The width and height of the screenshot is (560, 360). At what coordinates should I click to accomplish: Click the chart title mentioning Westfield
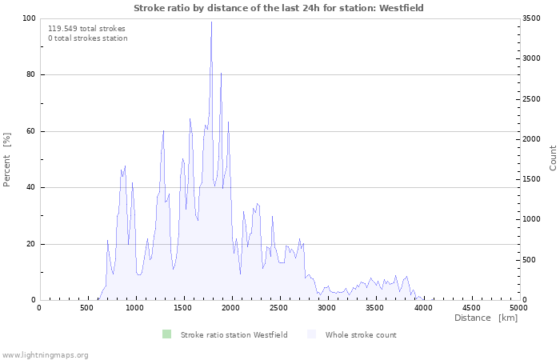click(278, 8)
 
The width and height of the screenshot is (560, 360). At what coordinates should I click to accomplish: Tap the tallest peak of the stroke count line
click(211, 22)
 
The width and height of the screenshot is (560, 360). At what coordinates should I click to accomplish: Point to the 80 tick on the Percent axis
click(30, 74)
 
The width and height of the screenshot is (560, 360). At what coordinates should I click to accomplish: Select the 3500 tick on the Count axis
click(531, 18)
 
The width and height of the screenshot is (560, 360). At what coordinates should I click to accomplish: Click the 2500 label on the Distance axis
click(279, 308)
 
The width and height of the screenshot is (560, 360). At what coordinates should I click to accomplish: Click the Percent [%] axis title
click(6, 160)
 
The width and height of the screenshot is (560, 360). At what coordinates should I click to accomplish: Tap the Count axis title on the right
click(553, 158)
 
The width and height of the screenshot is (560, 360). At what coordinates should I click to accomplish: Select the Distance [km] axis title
click(486, 318)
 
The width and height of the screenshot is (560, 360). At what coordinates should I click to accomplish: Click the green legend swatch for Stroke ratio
click(166, 334)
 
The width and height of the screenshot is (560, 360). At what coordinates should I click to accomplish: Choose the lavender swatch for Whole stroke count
click(312, 334)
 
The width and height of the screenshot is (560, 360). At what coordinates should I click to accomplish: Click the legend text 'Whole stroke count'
click(361, 335)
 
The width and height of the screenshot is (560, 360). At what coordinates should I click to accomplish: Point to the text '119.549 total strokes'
click(86, 29)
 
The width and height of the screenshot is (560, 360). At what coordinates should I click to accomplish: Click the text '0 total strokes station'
click(88, 38)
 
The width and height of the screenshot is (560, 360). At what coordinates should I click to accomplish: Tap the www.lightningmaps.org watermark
click(44, 355)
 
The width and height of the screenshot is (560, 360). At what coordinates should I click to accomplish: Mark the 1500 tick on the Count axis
click(531, 179)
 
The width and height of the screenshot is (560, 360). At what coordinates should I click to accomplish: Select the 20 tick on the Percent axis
click(30, 244)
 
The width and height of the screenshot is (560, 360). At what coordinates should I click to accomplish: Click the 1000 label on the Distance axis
click(134, 308)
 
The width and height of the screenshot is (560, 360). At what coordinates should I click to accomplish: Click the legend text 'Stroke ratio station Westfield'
click(234, 335)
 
